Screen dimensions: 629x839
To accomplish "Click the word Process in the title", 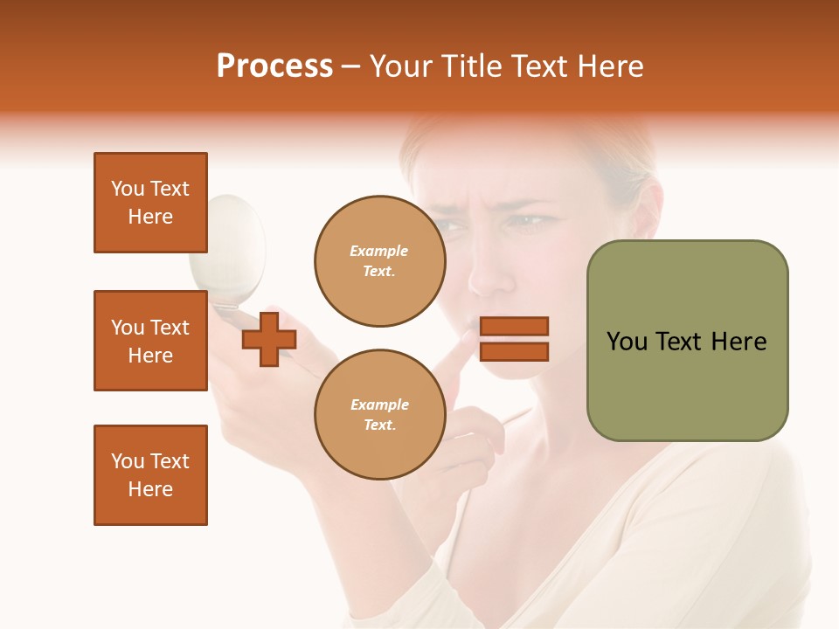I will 274,66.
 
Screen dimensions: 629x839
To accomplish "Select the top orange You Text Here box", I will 150,203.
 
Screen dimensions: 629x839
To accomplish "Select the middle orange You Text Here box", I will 150,341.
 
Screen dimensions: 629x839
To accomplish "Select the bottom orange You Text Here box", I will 150,475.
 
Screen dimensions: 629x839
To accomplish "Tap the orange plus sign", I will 268,339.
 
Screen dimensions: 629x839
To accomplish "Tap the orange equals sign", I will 515,339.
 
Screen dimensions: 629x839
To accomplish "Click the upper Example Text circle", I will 379,261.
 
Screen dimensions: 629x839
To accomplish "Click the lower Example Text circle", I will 379,415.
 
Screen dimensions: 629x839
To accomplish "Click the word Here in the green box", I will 738,342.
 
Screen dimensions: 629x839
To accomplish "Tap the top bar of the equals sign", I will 515,327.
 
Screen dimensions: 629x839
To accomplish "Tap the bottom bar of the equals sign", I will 515,351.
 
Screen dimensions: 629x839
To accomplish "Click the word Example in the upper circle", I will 379,252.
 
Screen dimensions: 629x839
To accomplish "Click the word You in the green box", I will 628,342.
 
